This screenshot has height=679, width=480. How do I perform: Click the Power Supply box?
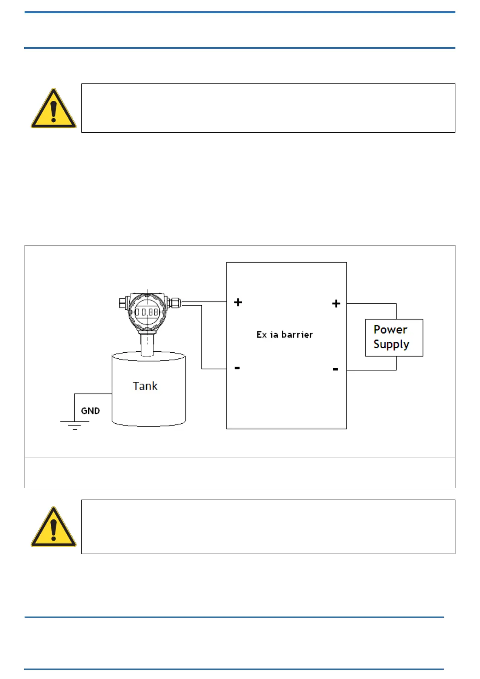394,337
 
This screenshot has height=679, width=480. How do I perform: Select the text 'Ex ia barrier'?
285,335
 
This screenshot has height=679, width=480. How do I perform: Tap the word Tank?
145,386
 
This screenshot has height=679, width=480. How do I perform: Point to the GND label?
90,411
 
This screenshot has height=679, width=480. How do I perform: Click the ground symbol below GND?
75,425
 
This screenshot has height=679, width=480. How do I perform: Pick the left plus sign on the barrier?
238,302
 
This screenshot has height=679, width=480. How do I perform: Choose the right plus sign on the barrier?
336,304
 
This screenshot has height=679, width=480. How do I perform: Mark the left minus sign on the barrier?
237,368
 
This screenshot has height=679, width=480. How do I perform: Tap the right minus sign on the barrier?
335,369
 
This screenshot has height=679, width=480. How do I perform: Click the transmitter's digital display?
146,312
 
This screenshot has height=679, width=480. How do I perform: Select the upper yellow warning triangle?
53,109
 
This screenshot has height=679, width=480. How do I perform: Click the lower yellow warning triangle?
53,527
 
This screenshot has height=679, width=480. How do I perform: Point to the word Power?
390,330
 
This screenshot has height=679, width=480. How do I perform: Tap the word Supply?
391,345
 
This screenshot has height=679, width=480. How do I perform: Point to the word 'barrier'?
297,335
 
